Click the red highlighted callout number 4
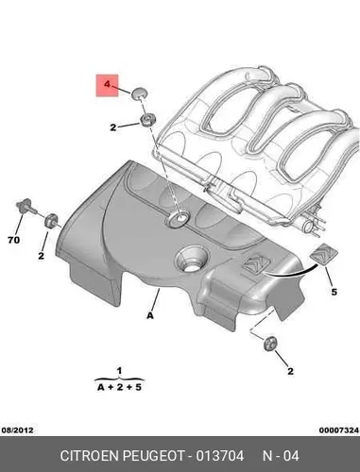[108, 84]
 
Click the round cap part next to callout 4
[138, 93]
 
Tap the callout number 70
[13, 240]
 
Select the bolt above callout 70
[26, 207]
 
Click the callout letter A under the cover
[150, 315]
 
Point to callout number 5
[334, 292]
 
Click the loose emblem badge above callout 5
[324, 254]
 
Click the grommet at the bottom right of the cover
[270, 344]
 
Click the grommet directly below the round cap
[146, 120]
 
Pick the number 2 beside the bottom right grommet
[290, 371]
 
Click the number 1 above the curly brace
[119, 371]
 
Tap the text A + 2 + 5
[119, 387]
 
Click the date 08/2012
[18, 430]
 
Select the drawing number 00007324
[339, 430]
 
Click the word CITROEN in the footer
[89, 456]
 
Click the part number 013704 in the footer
[220, 456]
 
